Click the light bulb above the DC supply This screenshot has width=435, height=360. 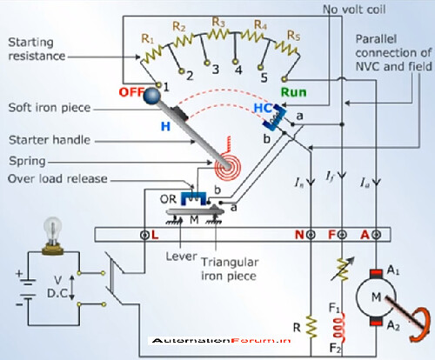(52, 236)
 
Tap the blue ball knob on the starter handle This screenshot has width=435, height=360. (152, 95)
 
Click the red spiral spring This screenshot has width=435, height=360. (228, 167)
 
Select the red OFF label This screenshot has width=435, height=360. (131, 92)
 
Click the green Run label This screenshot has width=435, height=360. (293, 92)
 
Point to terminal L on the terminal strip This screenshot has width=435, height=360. (144, 235)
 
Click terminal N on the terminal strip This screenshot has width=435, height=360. (311, 235)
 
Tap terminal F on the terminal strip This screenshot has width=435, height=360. (342, 235)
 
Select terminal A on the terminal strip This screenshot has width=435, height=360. (377, 235)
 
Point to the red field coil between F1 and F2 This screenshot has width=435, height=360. (339, 327)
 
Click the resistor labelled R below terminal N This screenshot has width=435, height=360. (311, 327)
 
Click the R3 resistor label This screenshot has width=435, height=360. (218, 22)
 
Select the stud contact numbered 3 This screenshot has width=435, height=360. (207, 63)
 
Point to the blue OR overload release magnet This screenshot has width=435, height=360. (193, 199)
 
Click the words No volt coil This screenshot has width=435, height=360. (354, 10)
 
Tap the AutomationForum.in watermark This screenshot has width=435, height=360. (221, 340)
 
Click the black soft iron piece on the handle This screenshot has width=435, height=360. (180, 113)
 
